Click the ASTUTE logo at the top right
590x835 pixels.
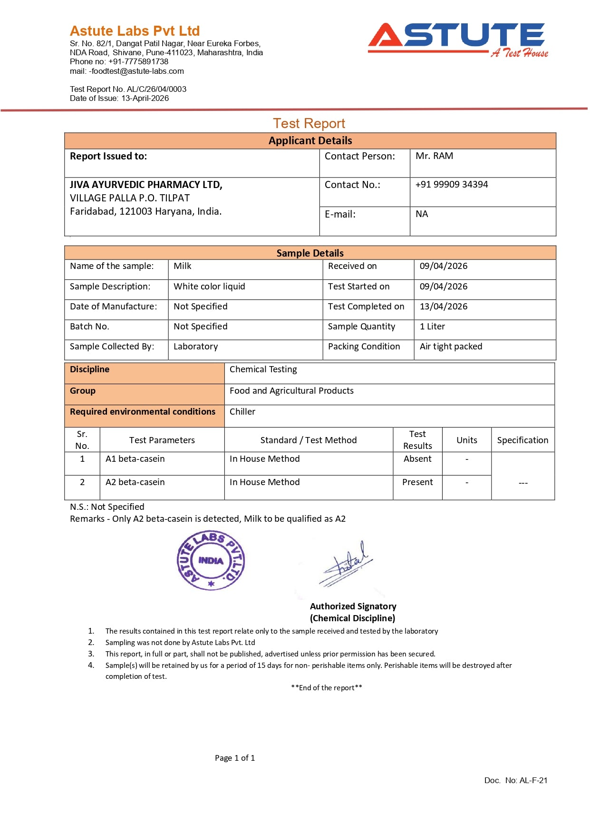457,39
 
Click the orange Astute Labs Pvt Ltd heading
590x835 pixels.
135,31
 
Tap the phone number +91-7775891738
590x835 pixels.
138,61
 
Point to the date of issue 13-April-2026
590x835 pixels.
145,98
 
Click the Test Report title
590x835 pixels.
309,123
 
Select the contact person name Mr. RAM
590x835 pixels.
434,156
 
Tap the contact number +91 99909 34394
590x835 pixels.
451,185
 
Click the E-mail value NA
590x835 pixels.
422,214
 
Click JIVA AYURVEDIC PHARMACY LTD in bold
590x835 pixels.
146,185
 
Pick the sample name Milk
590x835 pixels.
182,266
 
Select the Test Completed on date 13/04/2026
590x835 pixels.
443,307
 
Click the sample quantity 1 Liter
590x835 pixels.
432,327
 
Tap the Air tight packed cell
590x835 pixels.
451,347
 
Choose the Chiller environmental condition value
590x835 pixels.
242,412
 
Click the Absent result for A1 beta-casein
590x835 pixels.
417,459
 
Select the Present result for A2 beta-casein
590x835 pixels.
417,482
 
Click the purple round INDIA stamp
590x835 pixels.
211,561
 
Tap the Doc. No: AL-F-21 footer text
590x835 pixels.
515,780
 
